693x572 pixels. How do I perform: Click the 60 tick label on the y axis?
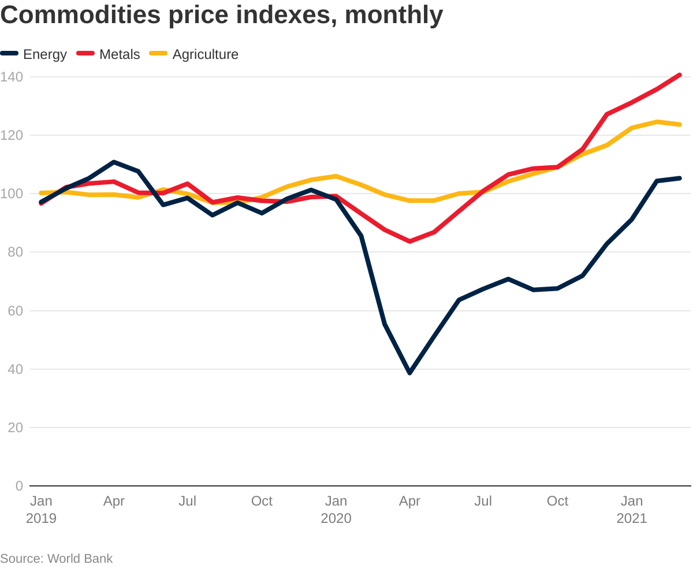[14, 311]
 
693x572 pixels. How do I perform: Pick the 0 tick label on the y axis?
[19, 486]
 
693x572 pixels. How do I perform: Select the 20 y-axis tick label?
[14, 428]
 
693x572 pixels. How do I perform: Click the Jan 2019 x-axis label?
[41, 510]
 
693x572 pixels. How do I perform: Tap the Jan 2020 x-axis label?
[336, 510]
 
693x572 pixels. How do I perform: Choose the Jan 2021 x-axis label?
[632, 510]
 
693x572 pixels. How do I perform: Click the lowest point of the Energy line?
[410, 373]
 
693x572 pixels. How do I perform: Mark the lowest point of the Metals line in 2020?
[410, 242]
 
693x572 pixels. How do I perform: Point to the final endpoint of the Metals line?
[680, 75]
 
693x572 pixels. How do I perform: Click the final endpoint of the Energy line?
[680, 178]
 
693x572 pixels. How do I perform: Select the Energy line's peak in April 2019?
[114, 162]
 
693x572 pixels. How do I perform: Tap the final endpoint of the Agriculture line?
[680, 124]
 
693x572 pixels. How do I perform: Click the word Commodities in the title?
[81, 15]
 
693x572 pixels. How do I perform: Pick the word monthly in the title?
[394, 15]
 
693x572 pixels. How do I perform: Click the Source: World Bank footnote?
[57, 559]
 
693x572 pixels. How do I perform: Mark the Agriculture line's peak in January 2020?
[336, 176]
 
